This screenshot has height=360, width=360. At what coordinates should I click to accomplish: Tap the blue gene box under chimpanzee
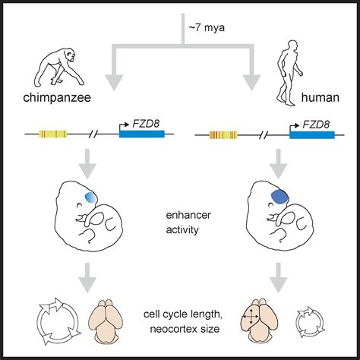(141, 135)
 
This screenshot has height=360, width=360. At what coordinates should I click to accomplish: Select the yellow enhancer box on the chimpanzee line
(54, 135)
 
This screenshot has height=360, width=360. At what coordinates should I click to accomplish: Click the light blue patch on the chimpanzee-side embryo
(90, 197)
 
